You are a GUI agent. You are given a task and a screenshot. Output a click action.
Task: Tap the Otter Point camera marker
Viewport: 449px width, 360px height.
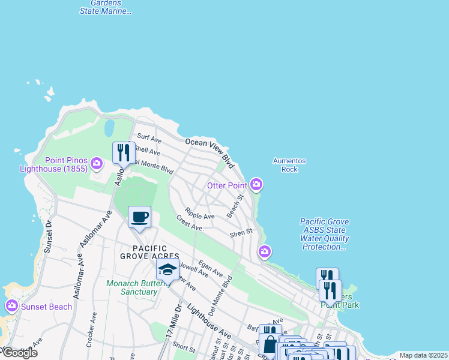(x=256, y=184)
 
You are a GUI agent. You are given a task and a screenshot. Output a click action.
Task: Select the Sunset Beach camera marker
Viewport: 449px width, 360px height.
(x=11, y=307)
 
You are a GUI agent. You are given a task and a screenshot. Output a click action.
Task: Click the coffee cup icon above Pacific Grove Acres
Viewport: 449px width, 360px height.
(x=139, y=217)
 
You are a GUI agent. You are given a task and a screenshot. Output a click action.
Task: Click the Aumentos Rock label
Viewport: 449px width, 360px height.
(x=289, y=165)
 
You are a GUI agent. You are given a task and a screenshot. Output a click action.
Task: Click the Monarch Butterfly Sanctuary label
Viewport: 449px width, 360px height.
(x=132, y=288)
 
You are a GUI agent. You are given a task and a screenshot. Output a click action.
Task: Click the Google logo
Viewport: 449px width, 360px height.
(x=19, y=353)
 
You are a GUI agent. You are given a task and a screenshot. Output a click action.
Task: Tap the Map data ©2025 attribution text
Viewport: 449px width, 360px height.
(x=423, y=355)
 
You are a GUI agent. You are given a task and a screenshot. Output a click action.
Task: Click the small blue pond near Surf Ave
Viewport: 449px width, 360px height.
(x=109, y=128)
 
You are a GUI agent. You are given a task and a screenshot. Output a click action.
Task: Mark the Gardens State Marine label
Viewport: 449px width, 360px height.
(x=106, y=7)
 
